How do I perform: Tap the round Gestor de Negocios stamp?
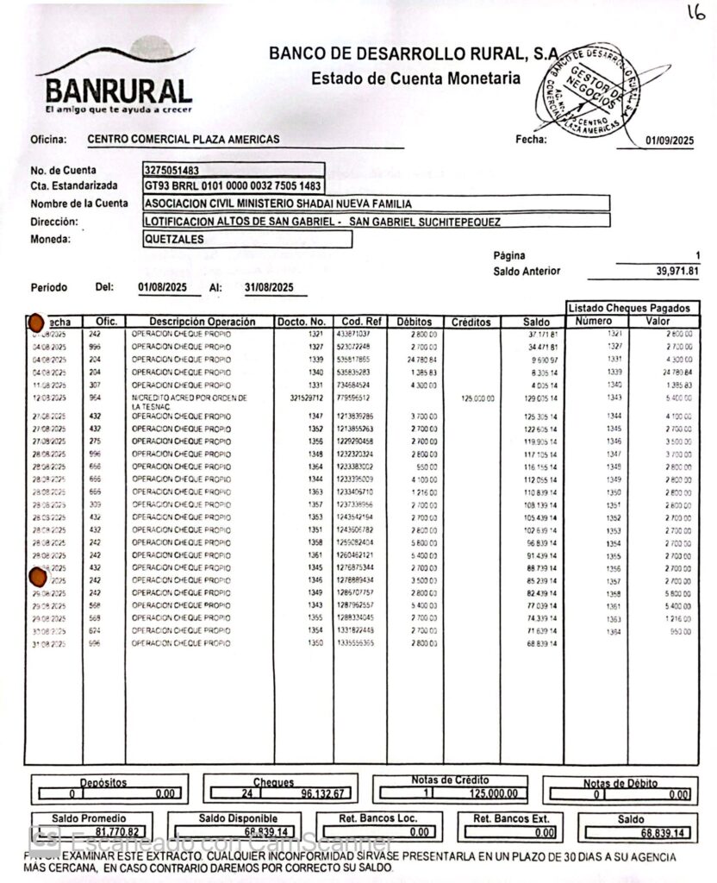pyautogui.click(x=593, y=91)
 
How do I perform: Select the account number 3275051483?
pyautogui.click(x=172, y=170)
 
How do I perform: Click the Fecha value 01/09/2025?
pyautogui.click(x=669, y=141)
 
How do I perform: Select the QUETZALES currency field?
pyautogui.click(x=175, y=240)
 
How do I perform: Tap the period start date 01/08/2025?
pyautogui.click(x=163, y=287)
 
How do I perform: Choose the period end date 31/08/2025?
pyautogui.click(x=270, y=287)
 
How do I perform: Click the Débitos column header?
pyautogui.click(x=415, y=322)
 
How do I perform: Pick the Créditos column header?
pyautogui.click(x=471, y=322)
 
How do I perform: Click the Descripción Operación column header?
pyautogui.click(x=201, y=322)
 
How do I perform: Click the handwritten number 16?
pyautogui.click(x=695, y=12)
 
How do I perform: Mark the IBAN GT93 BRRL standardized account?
pyautogui.click(x=234, y=186)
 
